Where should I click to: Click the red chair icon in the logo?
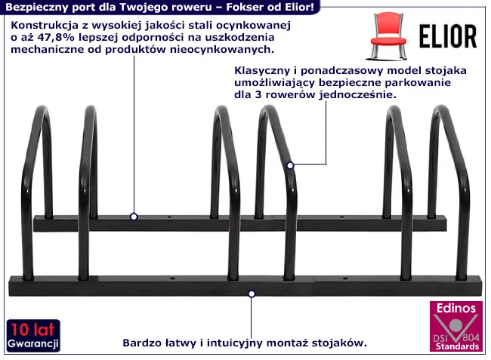coord(388,35)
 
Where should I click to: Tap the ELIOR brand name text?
coord(448,36)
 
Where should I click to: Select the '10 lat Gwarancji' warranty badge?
coord(33,336)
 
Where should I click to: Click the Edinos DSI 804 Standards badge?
coord(456,326)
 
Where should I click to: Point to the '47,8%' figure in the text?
coord(56,37)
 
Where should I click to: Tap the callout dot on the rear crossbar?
coord(134,217)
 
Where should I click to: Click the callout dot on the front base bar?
coord(252,294)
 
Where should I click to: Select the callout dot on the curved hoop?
coord(290,165)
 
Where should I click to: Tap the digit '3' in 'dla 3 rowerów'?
coord(258,95)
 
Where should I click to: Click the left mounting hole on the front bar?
coord(172,278)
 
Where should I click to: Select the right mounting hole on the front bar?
coord(345,278)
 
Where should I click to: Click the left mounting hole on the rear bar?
coord(169,217)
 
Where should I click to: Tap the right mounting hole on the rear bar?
coord(342,217)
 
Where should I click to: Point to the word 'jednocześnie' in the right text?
coord(357,95)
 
